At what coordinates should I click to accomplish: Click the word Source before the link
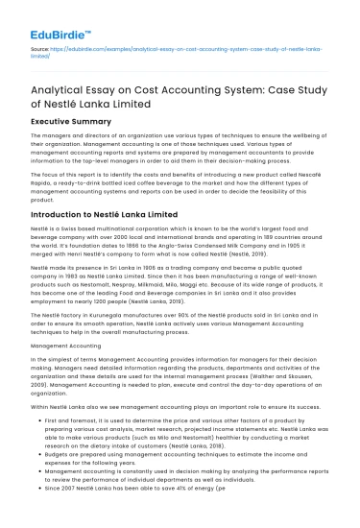[x=40, y=47]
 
